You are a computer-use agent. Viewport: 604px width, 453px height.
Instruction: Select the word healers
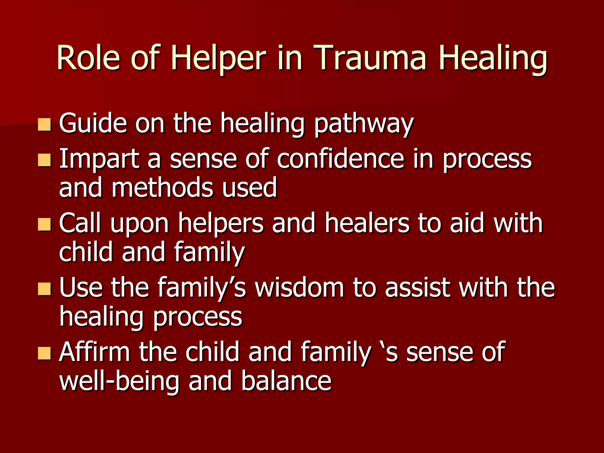point(367,224)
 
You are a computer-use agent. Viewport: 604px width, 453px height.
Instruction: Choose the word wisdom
point(300,288)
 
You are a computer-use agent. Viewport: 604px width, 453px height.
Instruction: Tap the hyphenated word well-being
point(119,382)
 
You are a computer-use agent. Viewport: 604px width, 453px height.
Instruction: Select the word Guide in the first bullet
point(93,124)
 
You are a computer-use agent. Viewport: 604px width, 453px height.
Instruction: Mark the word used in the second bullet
point(250,188)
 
